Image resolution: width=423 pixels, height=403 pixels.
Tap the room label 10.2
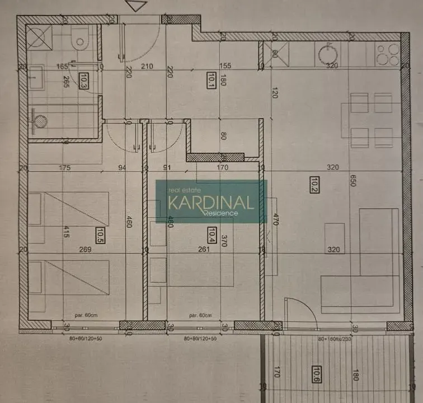tap(313, 184)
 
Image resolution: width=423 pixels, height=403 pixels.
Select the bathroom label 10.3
tap(84, 81)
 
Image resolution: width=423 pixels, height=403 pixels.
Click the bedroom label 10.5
tap(100, 235)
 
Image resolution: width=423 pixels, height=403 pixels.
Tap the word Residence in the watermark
tap(220, 213)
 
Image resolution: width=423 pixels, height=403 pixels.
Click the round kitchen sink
tap(326, 54)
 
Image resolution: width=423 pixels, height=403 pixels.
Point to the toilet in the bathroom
tap(80, 39)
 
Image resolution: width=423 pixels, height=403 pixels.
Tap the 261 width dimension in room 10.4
tap(203, 250)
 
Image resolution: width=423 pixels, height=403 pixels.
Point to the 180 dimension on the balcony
tap(354, 374)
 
